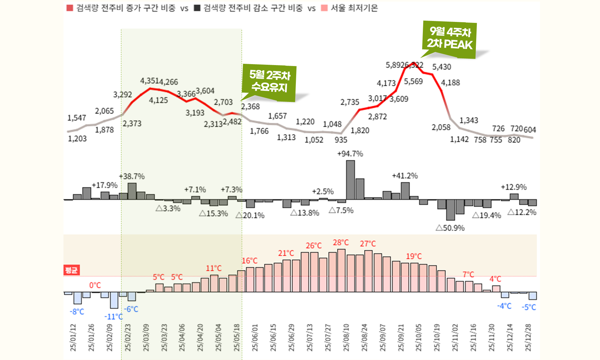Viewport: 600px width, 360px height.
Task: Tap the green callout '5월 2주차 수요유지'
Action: [270, 82]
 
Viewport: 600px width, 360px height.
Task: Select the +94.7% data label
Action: [350, 154]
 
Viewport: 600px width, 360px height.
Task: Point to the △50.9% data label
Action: [450, 228]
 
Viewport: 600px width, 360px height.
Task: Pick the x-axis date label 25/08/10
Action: [346, 337]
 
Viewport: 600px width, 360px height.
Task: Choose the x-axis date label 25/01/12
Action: [73, 337]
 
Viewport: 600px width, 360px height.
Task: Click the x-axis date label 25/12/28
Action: [528, 337]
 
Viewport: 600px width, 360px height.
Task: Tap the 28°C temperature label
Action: [341, 243]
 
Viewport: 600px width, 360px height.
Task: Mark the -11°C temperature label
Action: [113, 317]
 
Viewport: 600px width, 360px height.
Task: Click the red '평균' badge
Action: [71, 270]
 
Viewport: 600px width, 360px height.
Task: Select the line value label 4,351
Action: [149, 81]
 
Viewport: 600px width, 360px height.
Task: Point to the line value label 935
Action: [341, 140]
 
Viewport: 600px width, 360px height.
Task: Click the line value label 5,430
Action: [442, 67]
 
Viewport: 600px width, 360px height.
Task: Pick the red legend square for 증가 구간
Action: [70, 8]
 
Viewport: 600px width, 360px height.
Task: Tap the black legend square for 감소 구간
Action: [197, 8]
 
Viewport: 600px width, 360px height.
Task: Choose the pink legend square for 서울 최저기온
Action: [324, 8]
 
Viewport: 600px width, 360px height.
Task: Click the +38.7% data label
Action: [132, 177]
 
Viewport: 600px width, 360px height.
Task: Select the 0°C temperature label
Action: [95, 285]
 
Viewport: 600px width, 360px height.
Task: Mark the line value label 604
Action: [530, 130]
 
